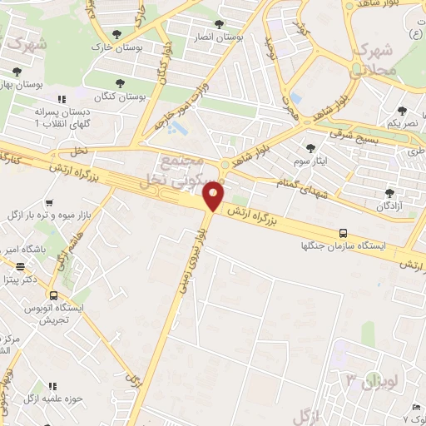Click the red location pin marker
214,196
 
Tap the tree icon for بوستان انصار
219,24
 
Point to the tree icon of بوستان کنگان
120,83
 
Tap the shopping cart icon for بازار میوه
50,202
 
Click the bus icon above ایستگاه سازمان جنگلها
344,234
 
